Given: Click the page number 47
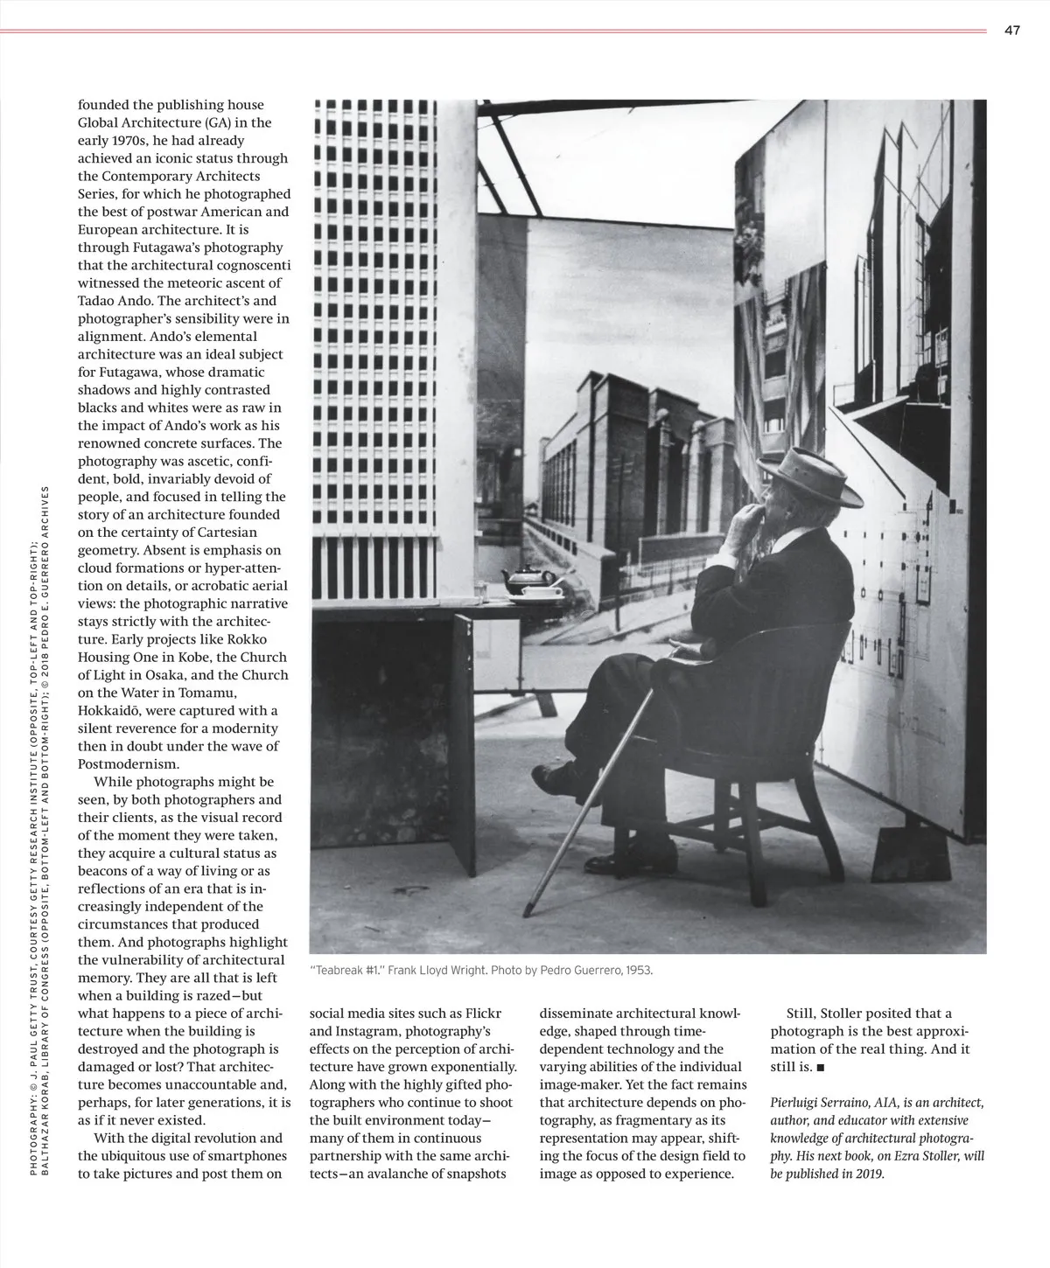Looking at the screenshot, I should [x=1012, y=31].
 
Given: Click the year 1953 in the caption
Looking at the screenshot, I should [x=637, y=971].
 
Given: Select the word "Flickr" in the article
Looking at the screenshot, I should [x=483, y=1014].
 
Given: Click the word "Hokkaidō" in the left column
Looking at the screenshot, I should [x=108, y=710].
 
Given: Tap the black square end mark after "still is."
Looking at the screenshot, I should [x=820, y=1068].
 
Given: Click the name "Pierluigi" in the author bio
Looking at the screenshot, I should [x=797, y=1103].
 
